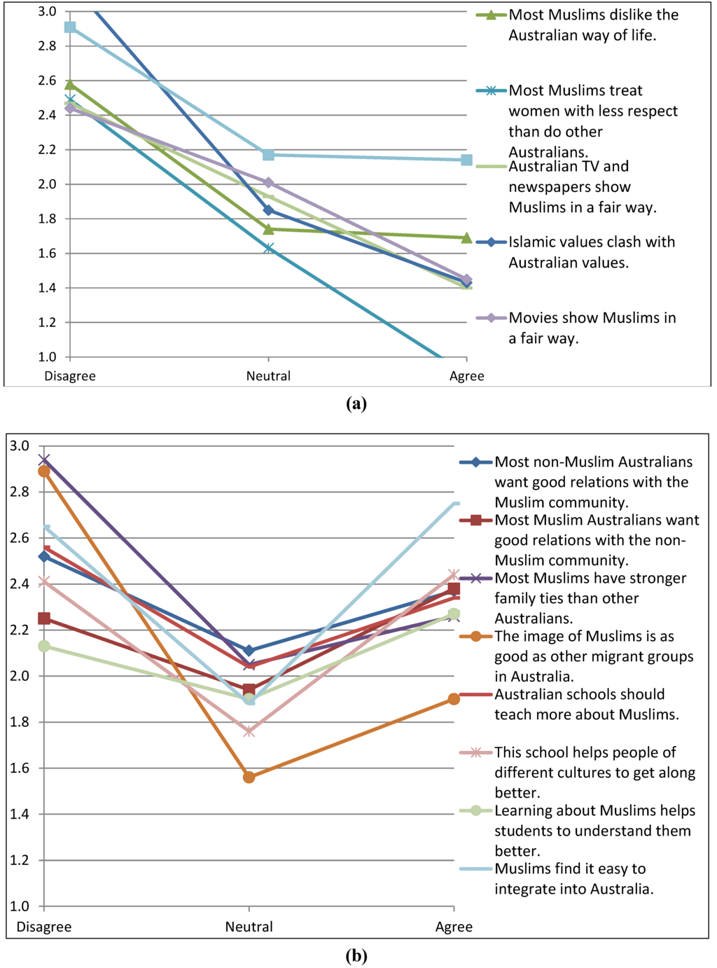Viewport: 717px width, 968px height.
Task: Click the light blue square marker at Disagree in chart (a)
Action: (70, 27)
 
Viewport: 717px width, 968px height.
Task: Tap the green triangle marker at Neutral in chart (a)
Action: (268, 229)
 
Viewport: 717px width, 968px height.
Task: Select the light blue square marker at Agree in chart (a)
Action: (467, 160)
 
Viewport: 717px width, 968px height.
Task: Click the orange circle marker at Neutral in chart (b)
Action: (249, 777)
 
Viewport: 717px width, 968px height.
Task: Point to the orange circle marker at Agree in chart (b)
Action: (454, 699)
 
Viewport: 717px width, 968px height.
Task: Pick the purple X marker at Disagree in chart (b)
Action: (44, 460)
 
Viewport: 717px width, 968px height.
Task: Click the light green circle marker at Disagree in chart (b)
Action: (44, 646)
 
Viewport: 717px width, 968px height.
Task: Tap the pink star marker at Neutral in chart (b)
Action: (249, 731)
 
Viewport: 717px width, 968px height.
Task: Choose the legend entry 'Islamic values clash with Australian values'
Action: (592, 252)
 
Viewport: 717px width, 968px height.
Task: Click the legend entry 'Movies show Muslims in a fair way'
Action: (592, 328)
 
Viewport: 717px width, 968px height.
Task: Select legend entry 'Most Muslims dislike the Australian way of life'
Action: (593, 25)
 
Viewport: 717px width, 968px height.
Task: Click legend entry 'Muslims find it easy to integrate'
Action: (573, 879)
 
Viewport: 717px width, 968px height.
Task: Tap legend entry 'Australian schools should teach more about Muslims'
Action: (586, 705)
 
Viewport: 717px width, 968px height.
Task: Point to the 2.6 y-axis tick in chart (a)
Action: (48, 81)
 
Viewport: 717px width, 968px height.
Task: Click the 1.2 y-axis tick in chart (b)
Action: (20, 860)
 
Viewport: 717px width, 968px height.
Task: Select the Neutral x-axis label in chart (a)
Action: (268, 376)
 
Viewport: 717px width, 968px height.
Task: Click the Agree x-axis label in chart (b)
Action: (454, 927)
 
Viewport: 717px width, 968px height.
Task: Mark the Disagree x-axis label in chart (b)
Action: (44, 927)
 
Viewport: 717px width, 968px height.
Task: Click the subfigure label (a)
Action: (356, 403)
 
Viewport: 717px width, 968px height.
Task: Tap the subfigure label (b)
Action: (356, 956)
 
